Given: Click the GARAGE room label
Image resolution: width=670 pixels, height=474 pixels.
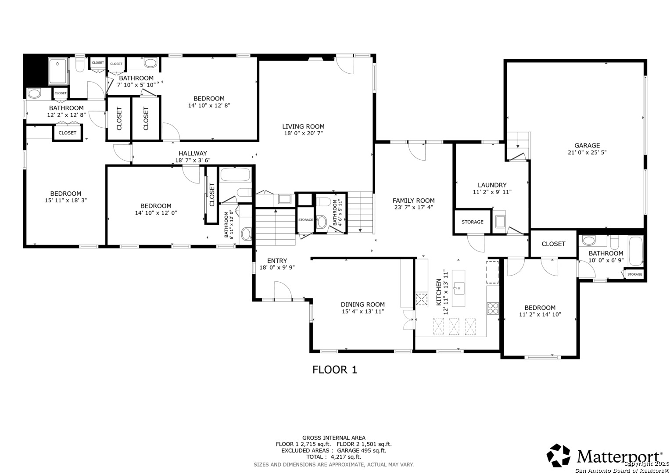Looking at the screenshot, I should point(587,146).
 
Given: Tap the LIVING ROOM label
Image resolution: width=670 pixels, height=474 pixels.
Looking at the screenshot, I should point(303,126).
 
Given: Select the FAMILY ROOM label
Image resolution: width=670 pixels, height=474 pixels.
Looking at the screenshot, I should point(413,201).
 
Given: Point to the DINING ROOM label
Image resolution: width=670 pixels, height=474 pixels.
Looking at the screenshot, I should point(362,305).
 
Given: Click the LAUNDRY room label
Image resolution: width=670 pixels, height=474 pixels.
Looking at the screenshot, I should point(492,185).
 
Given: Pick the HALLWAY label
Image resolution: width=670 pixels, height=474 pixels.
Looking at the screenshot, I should point(193,153).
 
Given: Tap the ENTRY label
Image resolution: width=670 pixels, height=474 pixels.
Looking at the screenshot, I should point(277,261).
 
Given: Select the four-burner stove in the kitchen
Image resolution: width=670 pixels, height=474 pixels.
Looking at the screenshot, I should point(493,308).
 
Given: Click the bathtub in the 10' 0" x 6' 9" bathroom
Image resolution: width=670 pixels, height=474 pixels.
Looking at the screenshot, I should point(635,251).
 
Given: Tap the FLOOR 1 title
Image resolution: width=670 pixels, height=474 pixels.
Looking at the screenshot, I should point(334,370).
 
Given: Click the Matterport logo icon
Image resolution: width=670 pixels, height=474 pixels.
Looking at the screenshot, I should point(558,455).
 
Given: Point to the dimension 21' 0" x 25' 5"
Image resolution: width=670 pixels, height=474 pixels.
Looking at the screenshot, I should point(587,153).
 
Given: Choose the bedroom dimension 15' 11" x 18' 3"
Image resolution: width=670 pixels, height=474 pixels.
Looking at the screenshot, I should point(65,201).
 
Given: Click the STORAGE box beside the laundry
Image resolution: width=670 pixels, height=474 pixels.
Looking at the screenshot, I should point(472,222).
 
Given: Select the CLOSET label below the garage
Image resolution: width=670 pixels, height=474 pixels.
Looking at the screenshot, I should point(553,244).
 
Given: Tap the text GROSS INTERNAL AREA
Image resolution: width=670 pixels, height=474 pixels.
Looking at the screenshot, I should point(333,438).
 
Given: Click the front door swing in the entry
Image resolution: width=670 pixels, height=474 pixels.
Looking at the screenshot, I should point(282,291).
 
